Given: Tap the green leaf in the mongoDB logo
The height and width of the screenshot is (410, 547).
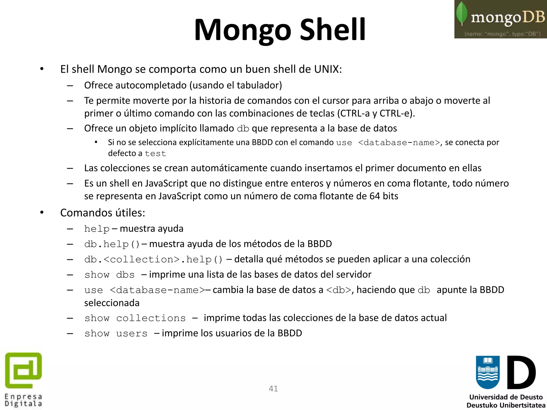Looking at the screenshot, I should pyautogui.click(x=462, y=13).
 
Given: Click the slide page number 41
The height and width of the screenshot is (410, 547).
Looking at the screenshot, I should pyautogui.click(x=273, y=388).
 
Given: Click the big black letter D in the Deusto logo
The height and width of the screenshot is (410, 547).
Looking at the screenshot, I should pyautogui.click(x=521, y=372).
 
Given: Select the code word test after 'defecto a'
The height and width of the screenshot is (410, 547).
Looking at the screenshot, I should pyautogui.click(x=155, y=153).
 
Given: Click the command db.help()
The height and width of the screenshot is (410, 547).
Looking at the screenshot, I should pyautogui.click(x=112, y=244).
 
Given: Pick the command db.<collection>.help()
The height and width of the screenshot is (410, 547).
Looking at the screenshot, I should pyautogui.click(x=153, y=259).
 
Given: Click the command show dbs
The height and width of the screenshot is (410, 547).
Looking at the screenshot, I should pyautogui.click(x=110, y=275).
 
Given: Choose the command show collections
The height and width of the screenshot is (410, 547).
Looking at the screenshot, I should pyautogui.click(x=135, y=318).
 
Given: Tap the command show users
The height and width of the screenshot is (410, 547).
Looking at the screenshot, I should pyautogui.click(x=116, y=333).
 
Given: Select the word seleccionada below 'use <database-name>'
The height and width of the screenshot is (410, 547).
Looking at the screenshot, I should pyautogui.click(x=112, y=303).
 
